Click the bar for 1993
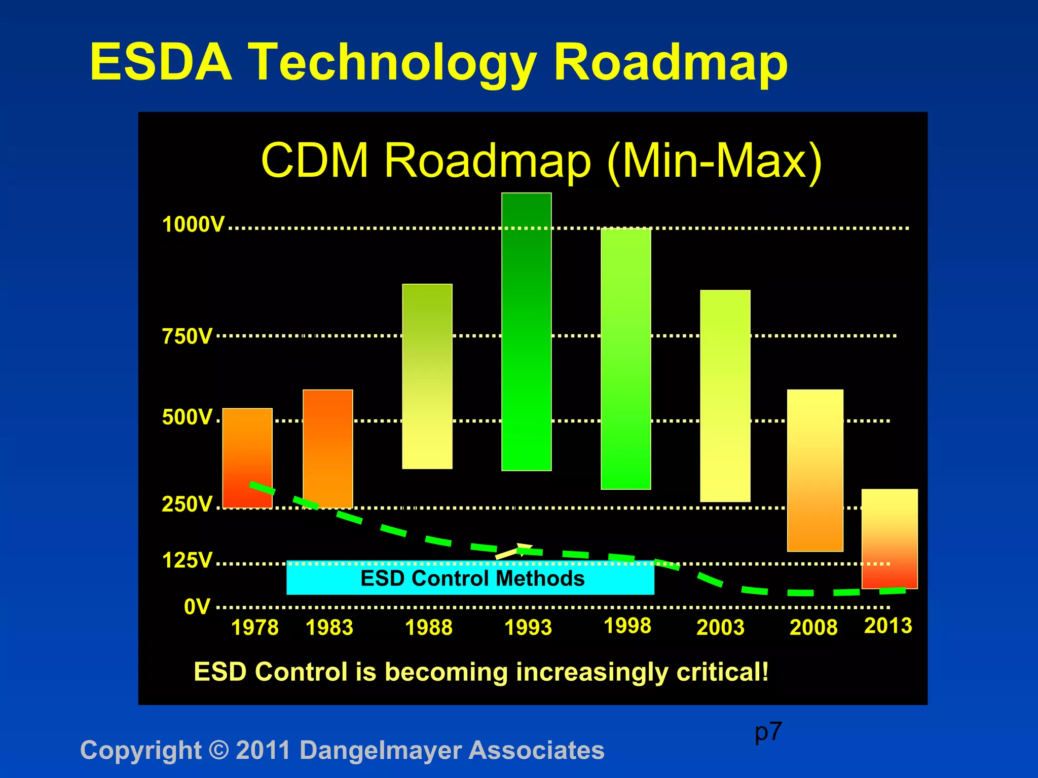pos(526,332)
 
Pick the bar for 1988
pos(427,376)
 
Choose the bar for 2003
pos(725,396)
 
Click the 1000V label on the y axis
pos(193,224)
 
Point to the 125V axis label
pos(187,561)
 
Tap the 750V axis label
pos(187,336)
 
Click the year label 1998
pos(627,626)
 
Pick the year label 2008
pos(813,628)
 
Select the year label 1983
pos(329,628)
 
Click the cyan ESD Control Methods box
pos(470,578)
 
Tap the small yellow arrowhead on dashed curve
pos(523,549)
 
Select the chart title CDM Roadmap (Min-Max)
pos(541,161)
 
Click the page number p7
pos(768,732)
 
